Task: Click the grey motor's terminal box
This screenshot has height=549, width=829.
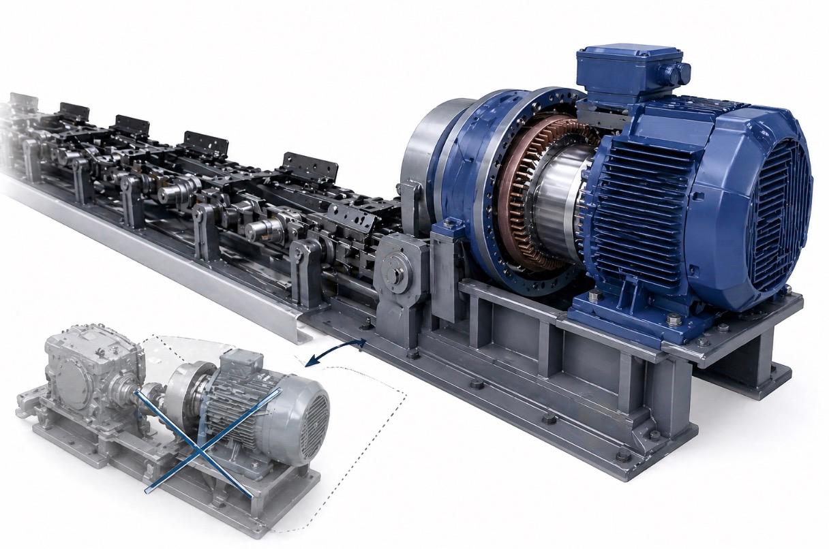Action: (242, 361)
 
